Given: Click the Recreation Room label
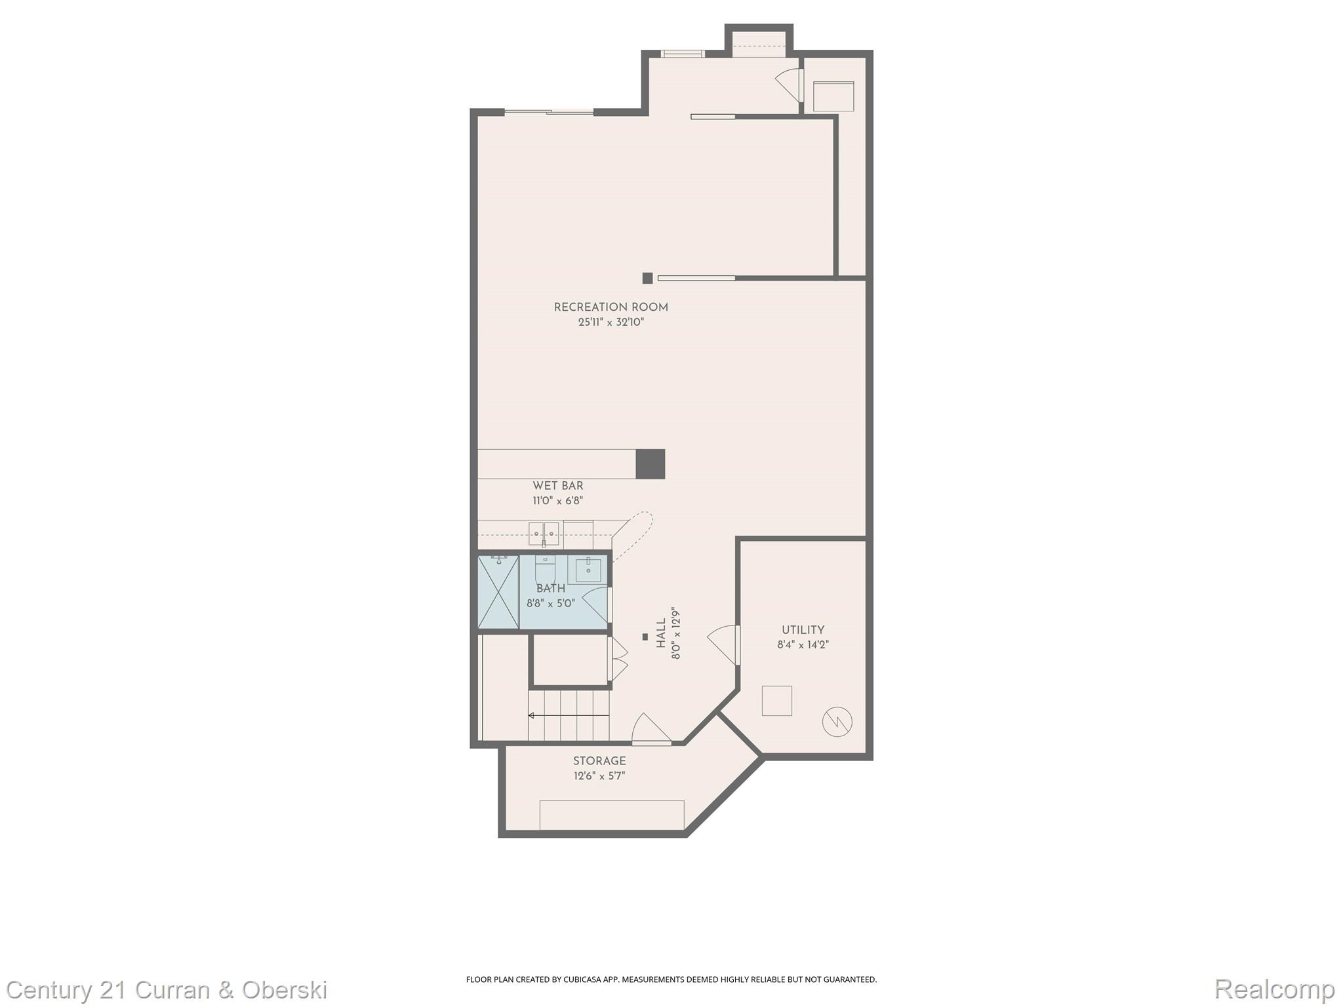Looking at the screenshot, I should (x=611, y=307).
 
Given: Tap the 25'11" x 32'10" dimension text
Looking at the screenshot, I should (x=611, y=322).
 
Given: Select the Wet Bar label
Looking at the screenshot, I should (x=557, y=486).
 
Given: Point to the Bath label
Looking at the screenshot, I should (x=550, y=589).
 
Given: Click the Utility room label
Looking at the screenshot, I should (x=803, y=630).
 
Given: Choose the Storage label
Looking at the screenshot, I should (x=599, y=761).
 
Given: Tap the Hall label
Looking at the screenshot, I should (x=661, y=633).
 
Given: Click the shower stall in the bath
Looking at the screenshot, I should (x=498, y=592).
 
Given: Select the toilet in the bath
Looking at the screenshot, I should (x=545, y=568).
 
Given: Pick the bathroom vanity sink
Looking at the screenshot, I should (x=588, y=569).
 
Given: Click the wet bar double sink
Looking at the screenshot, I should (x=544, y=534).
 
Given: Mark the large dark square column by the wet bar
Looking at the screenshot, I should (x=651, y=464).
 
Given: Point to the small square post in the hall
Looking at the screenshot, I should (x=645, y=637).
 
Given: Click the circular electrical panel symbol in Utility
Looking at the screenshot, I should (x=837, y=722).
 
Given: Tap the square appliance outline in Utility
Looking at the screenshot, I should (x=776, y=701).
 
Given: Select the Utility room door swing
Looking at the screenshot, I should (x=723, y=644).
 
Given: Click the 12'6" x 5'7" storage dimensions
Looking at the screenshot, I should (x=599, y=776).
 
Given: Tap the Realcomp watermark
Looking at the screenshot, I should (x=1274, y=989).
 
